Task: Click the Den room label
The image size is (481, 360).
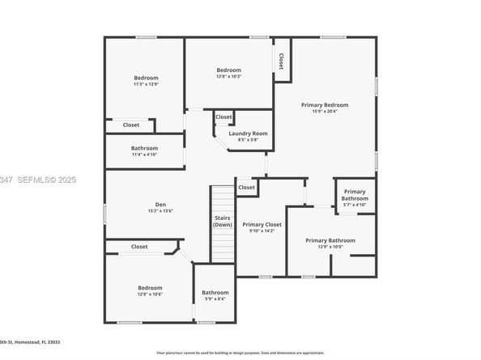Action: click(160, 204)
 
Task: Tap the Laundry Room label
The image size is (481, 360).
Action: click(248, 133)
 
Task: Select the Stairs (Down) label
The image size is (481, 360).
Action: click(223, 221)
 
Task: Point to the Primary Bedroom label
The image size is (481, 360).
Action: click(325, 105)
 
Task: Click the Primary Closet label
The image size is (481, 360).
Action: click(262, 224)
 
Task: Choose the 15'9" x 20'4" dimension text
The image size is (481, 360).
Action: click(325, 112)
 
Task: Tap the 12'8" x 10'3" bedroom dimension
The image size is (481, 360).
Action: click(228, 77)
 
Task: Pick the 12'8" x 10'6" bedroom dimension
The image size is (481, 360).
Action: click(150, 294)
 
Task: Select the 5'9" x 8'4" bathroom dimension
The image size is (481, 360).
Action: click(215, 299)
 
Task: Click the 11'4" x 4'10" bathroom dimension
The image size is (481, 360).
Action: click(145, 155)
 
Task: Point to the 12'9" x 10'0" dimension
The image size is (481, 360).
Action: click(330, 247)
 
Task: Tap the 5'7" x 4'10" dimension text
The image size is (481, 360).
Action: click(354, 205)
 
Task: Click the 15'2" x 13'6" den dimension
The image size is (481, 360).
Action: click(160, 211)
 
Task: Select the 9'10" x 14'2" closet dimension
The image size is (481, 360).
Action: click(262, 231)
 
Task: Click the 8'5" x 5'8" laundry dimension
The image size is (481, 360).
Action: click(248, 140)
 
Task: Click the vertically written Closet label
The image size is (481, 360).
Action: click(281, 61)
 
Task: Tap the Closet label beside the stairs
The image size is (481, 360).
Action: click(246, 188)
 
